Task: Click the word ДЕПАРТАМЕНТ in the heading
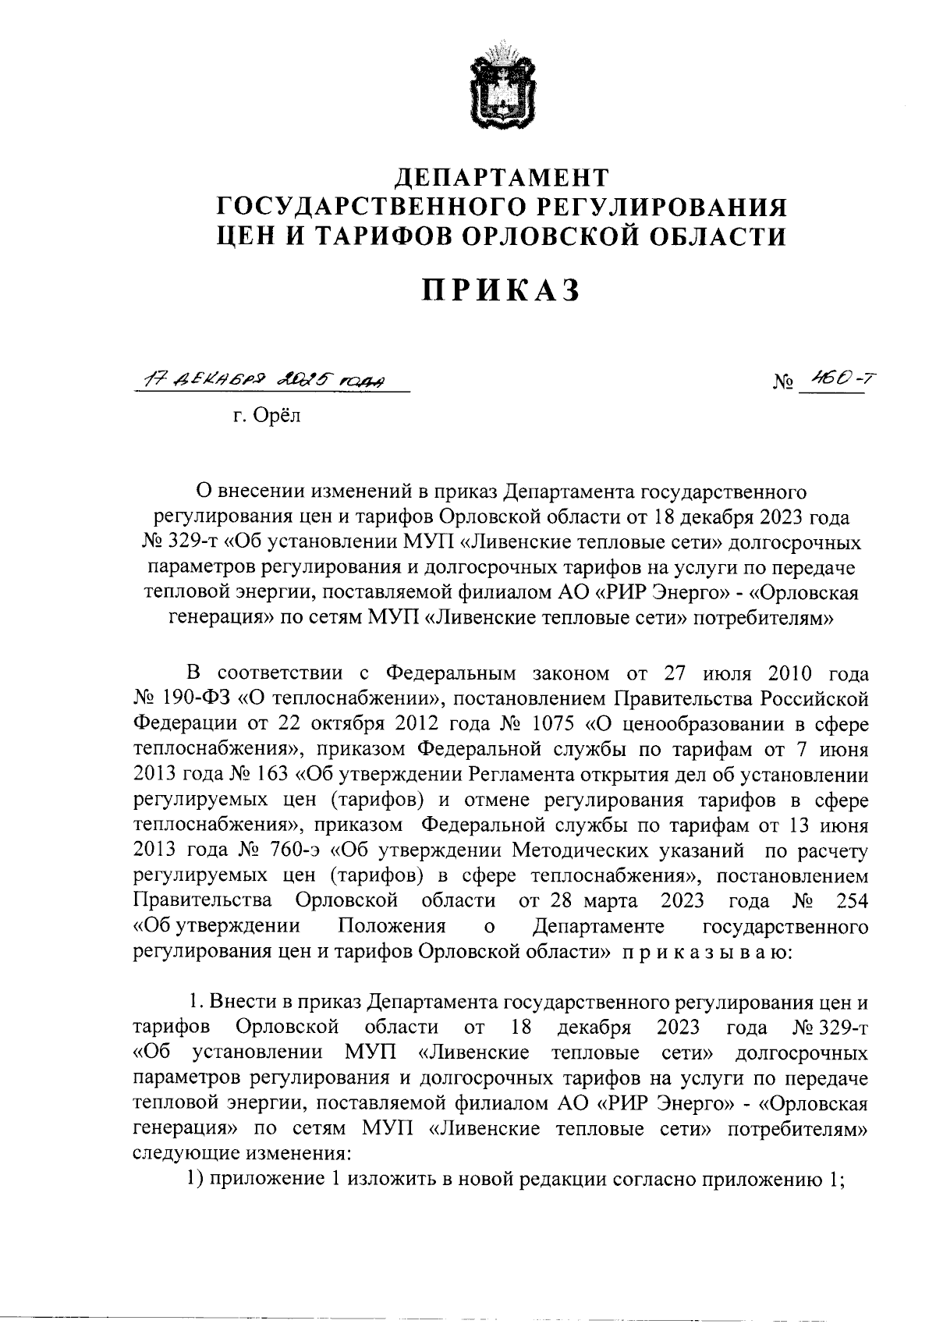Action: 501,178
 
